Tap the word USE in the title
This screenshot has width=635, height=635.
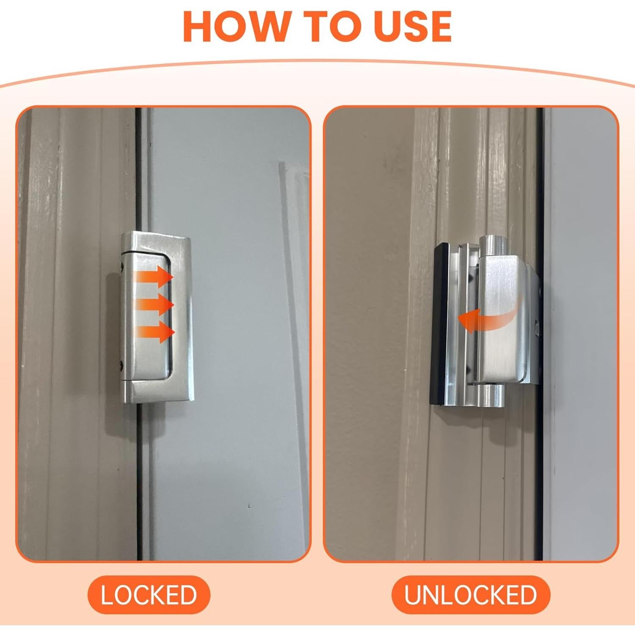[x=413, y=27]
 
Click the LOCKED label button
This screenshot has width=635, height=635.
[x=149, y=594]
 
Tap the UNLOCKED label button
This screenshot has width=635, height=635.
[x=470, y=594]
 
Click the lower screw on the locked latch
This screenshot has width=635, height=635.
[x=122, y=363]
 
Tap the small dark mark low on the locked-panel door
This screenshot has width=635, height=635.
[x=249, y=505]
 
